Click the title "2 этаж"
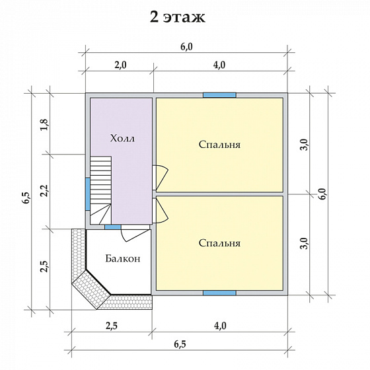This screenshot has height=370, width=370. pos(178,17)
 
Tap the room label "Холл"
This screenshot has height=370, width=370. pos(122,138)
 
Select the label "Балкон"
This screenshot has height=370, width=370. pos(123,258)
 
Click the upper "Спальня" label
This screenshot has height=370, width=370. pos(219,145)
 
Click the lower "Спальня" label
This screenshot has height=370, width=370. pos(219,243)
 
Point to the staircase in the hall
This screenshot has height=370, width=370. pos(100,190)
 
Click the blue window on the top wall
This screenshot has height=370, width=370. pos(219,95)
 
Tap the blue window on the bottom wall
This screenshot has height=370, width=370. pos(219,293)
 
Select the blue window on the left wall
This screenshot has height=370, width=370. pos(88,194)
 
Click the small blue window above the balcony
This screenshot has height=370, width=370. pos(113,227)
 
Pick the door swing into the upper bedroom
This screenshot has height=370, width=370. pos(161,178)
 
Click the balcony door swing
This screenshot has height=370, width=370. pos(135,235)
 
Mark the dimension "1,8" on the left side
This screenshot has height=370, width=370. pos(45,124)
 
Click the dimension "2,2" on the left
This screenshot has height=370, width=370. pos(45,190)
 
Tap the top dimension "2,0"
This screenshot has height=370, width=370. pos(120,65)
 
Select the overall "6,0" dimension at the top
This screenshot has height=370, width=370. pos(186,47)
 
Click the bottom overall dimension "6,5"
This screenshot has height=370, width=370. pos(180,344)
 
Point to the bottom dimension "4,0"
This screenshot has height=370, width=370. pos(220,326)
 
